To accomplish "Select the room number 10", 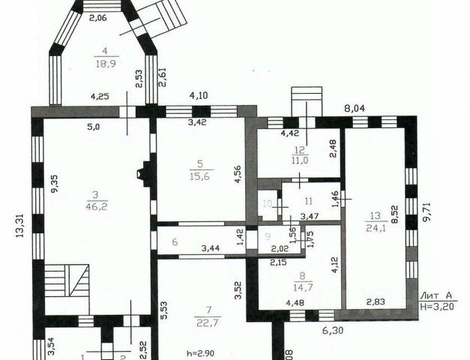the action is point(267,203).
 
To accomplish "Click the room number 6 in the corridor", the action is point(174,241).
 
